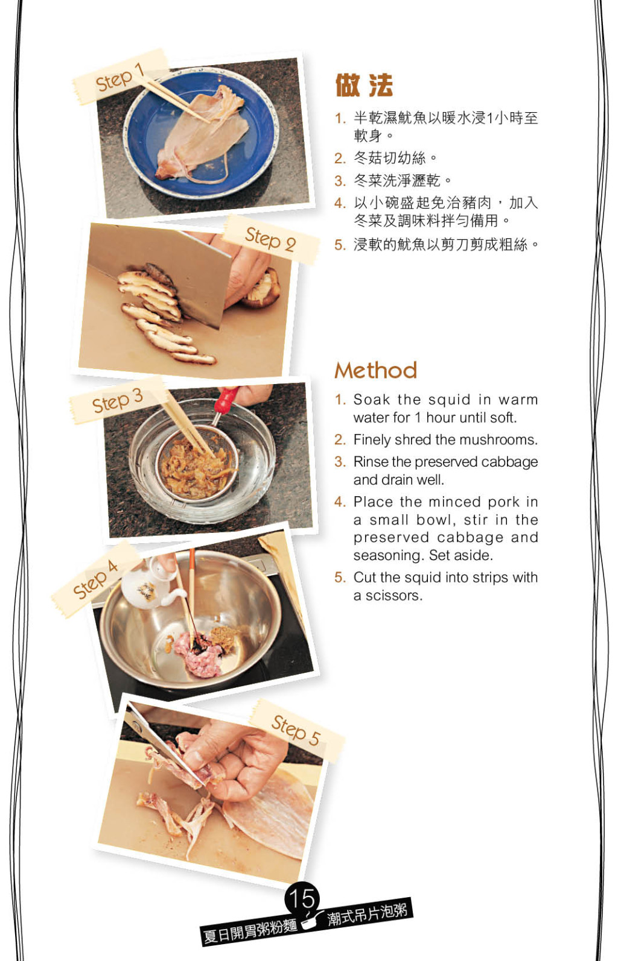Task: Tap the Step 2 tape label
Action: click(x=270, y=239)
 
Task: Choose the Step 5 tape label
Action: click(x=296, y=730)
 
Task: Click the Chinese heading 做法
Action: click(x=364, y=85)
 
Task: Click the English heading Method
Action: click(x=376, y=370)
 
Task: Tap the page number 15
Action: click(x=302, y=897)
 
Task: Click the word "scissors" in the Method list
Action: click(x=394, y=596)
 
